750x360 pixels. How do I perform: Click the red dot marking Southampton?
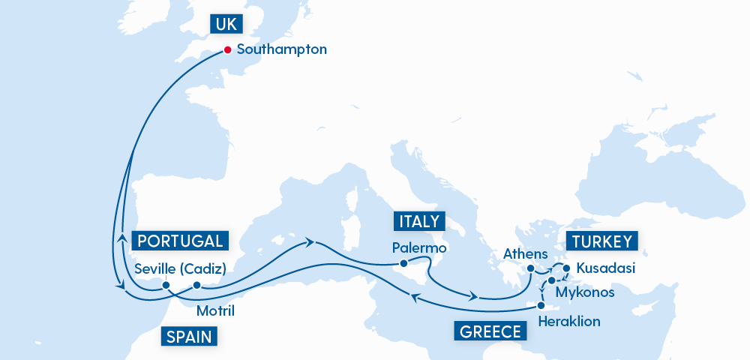point(227,51)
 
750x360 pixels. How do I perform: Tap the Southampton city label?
point(282,50)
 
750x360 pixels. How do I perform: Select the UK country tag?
point(225,24)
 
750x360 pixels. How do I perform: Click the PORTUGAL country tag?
point(180,241)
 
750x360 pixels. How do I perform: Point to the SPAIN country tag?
point(189,336)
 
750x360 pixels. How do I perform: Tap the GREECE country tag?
point(488,331)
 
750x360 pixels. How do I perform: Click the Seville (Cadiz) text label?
point(180,268)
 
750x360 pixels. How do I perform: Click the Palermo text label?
point(419,247)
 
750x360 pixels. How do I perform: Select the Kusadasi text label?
point(606,268)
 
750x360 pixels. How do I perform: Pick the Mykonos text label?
point(586,292)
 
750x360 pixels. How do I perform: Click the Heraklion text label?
point(570,321)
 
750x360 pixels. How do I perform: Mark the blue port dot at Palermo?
point(403,263)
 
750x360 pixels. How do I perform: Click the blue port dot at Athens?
point(530,268)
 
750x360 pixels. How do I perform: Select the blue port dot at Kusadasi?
point(566,268)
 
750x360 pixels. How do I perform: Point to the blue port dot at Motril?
point(196,284)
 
